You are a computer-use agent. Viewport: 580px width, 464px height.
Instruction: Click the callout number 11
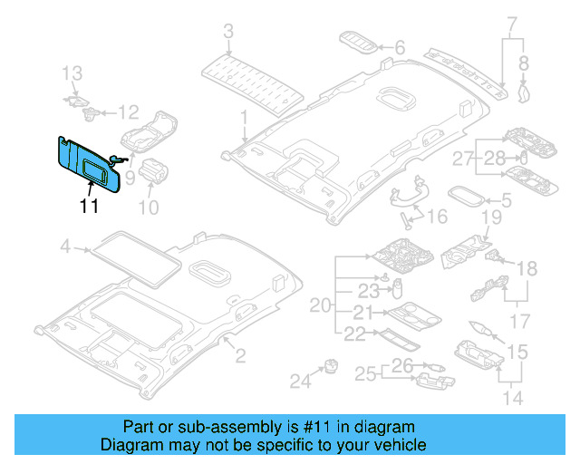coord(88,206)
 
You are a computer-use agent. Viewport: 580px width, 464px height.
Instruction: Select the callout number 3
coord(228,34)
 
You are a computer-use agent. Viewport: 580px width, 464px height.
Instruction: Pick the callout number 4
coord(64,246)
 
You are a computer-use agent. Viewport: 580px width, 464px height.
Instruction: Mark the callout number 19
coord(490,217)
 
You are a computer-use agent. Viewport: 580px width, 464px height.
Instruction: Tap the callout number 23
coord(368,292)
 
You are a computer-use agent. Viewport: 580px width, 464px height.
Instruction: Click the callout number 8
coord(523,63)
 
